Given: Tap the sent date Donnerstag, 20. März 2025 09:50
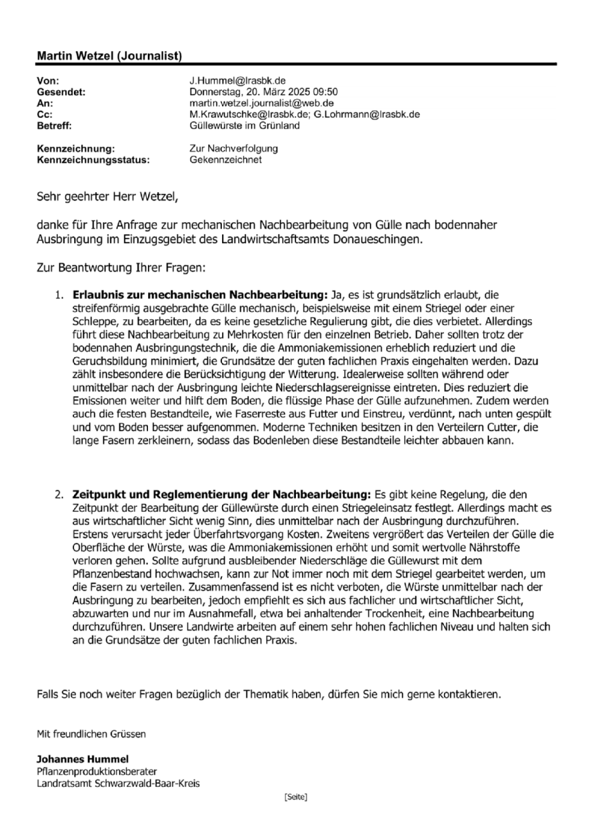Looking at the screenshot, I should (264, 92).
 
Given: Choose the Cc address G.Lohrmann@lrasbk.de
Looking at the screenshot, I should (367, 115).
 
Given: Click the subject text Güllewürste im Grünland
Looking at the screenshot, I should (244, 126).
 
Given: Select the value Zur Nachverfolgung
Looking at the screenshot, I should (234, 148).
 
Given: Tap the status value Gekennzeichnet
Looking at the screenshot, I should (225, 159).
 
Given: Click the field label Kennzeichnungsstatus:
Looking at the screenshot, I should (93, 159).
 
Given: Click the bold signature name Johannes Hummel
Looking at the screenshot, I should (83, 759).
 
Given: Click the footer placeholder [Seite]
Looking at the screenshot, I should (296, 797).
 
